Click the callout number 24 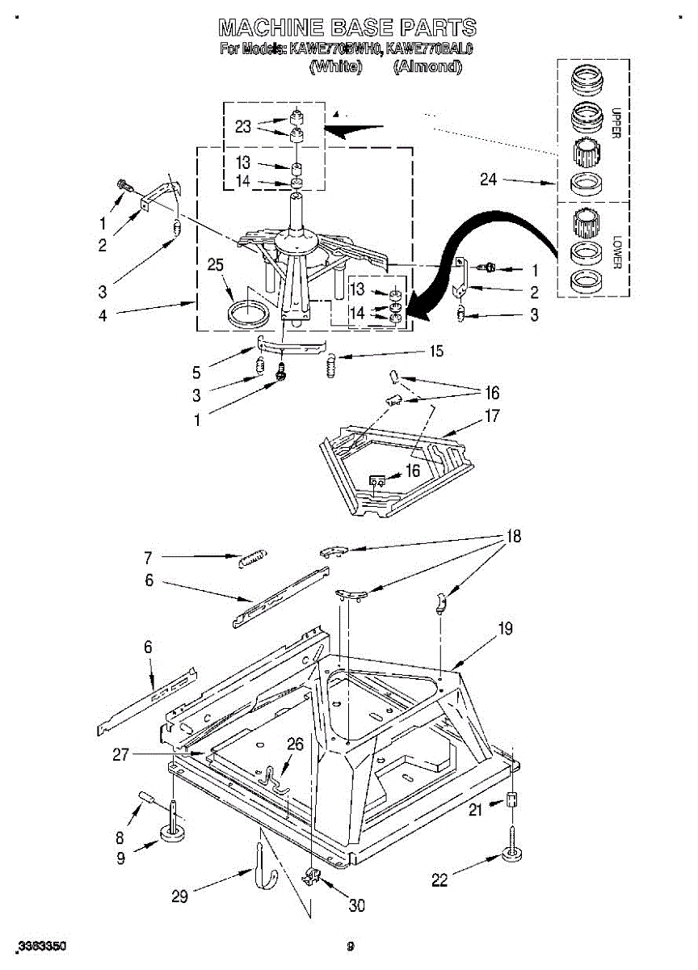(x=488, y=179)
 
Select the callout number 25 (x=214, y=264)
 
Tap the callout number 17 (x=491, y=417)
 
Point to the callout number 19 (x=505, y=627)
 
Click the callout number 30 (x=356, y=906)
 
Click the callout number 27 (x=121, y=755)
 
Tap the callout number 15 (x=436, y=352)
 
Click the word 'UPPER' (x=616, y=122)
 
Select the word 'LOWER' (x=616, y=252)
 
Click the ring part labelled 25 (x=247, y=314)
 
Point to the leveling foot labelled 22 (x=511, y=854)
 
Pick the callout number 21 (x=475, y=809)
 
